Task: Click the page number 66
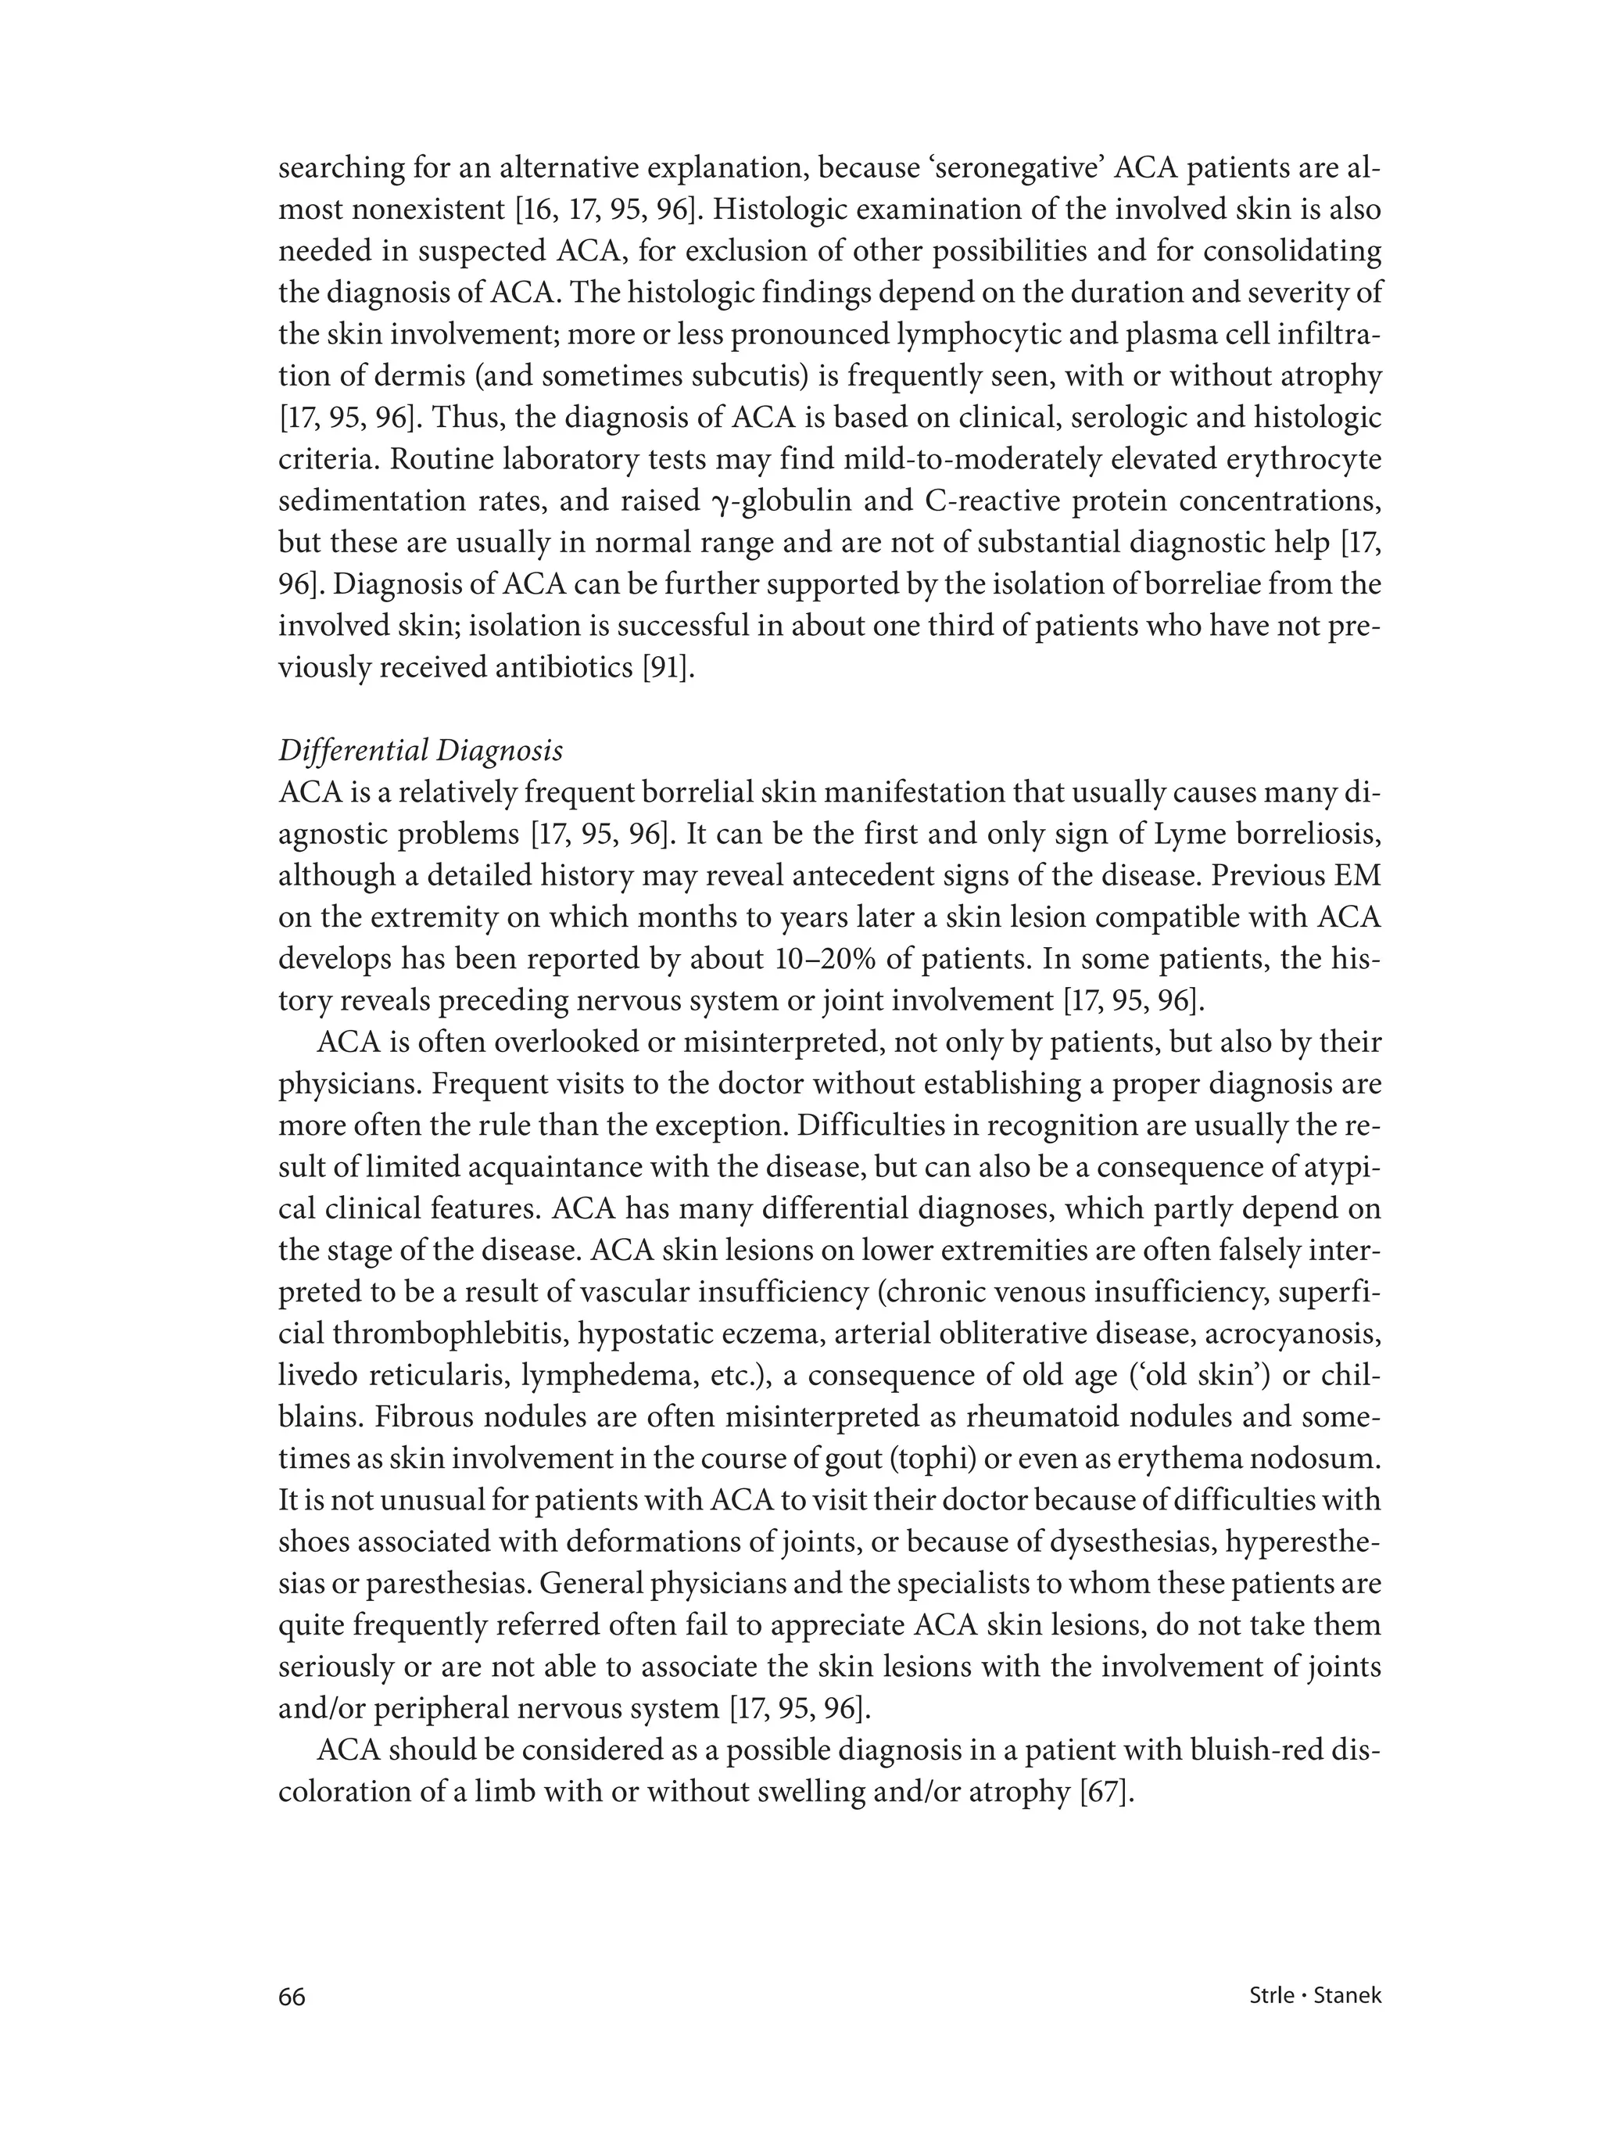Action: (x=292, y=1997)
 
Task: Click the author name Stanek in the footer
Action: (x=1346, y=1996)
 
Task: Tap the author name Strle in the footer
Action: (x=1270, y=1996)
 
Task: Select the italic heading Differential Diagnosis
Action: (x=421, y=750)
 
